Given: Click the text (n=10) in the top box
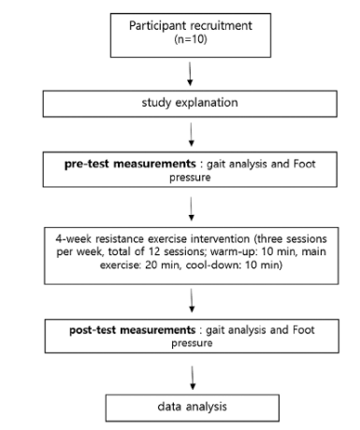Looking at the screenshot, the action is point(191,39).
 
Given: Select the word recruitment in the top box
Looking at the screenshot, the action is point(222,25).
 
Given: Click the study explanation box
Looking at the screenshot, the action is point(190,104).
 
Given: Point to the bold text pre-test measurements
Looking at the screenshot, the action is point(130,164).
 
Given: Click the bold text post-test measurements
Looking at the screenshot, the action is point(133,330).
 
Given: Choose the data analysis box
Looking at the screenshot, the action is point(193,408).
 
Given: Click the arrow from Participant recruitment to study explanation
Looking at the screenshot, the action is point(190,74).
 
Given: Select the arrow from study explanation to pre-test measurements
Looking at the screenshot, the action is point(192,135).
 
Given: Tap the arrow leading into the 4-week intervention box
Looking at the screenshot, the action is point(192,208).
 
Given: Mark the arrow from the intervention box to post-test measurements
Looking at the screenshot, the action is point(192,300).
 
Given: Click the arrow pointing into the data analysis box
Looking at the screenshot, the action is point(193,378).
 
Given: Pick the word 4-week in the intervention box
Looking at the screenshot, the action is point(74,239).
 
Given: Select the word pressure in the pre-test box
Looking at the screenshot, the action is point(190,178).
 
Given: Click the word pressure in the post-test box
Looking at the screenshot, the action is point(192,343).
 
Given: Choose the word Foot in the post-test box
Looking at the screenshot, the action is point(303,330).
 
